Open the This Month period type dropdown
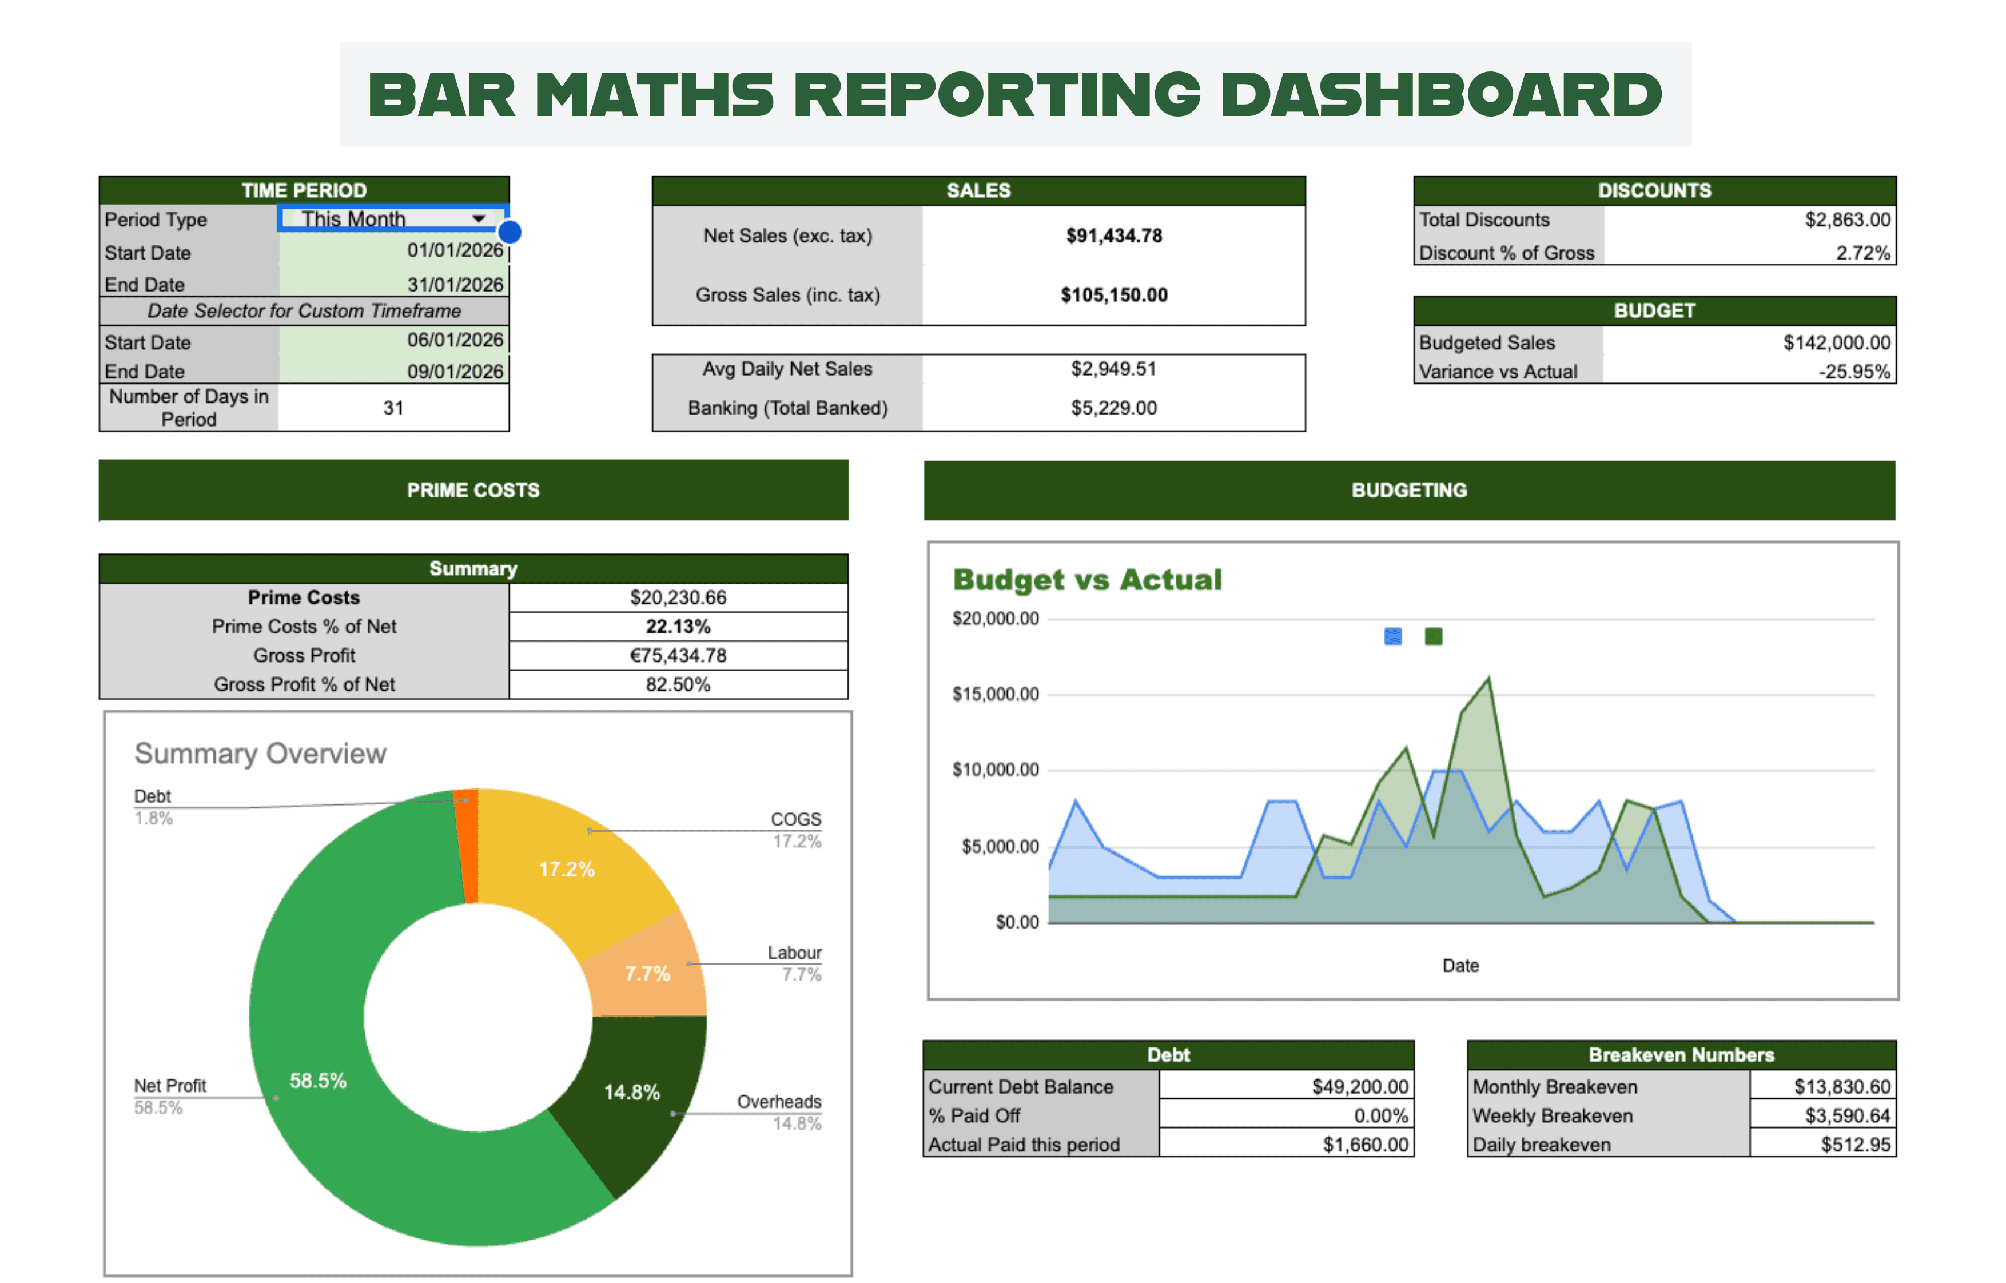click(478, 219)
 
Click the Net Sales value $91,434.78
click(1114, 236)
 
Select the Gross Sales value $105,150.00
click(1114, 295)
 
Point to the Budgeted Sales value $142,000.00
click(1836, 342)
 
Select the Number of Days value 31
click(393, 408)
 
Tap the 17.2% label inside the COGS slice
click(567, 870)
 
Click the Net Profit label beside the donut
click(170, 1086)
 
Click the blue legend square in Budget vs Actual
click(1392, 636)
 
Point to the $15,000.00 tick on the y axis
click(996, 694)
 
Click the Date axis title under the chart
click(1460, 966)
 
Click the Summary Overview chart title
click(260, 753)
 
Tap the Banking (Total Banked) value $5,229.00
click(1114, 408)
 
